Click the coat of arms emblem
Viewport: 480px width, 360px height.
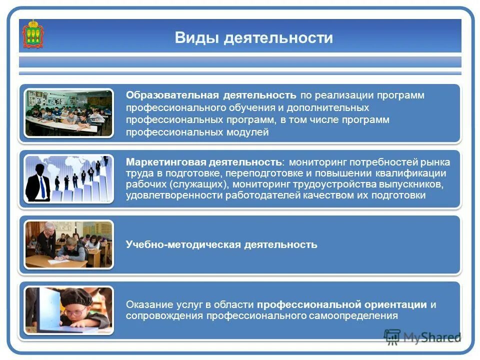[x=33, y=34]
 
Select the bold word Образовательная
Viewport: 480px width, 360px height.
[x=172, y=95]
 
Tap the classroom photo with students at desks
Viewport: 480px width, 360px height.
[x=69, y=113]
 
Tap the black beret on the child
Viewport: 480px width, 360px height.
[x=78, y=298]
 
